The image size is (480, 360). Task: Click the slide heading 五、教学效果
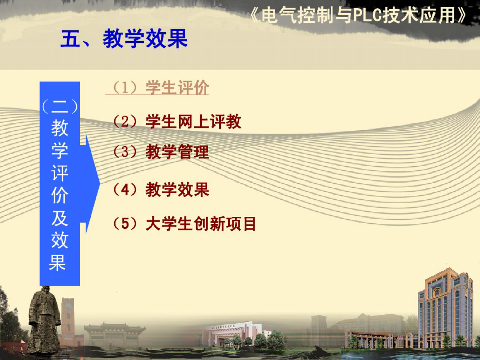(x=124, y=39)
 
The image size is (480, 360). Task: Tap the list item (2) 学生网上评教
(x=177, y=121)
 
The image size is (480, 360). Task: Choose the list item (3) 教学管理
(x=161, y=152)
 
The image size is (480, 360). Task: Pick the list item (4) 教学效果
(x=161, y=189)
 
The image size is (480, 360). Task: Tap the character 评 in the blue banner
(x=60, y=173)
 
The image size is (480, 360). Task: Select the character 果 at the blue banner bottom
(x=58, y=262)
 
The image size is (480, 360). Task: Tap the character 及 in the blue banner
(x=60, y=218)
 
